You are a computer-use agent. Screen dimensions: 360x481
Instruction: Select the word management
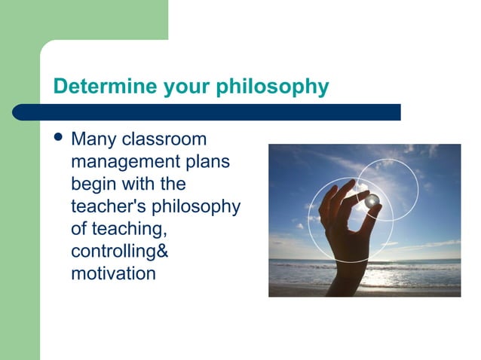click(124, 162)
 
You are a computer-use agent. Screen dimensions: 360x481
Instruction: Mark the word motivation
click(113, 273)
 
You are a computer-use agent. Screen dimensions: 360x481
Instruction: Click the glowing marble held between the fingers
click(372, 200)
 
